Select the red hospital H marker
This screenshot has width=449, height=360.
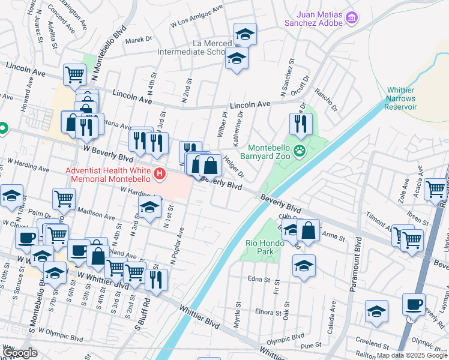[x=160, y=175]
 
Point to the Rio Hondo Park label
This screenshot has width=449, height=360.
[x=260, y=247]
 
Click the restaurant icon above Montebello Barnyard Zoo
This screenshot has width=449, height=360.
[x=300, y=124]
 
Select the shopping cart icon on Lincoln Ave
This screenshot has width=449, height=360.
[x=74, y=74]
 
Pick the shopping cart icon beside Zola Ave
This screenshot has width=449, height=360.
[x=435, y=189]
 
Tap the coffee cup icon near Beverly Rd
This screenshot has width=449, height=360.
[x=414, y=304]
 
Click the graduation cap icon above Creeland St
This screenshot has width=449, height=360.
[x=376, y=311]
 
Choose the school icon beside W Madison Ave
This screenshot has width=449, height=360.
[x=149, y=208]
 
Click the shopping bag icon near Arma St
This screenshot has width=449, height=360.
[x=308, y=230]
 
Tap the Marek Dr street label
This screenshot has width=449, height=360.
[x=139, y=39]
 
